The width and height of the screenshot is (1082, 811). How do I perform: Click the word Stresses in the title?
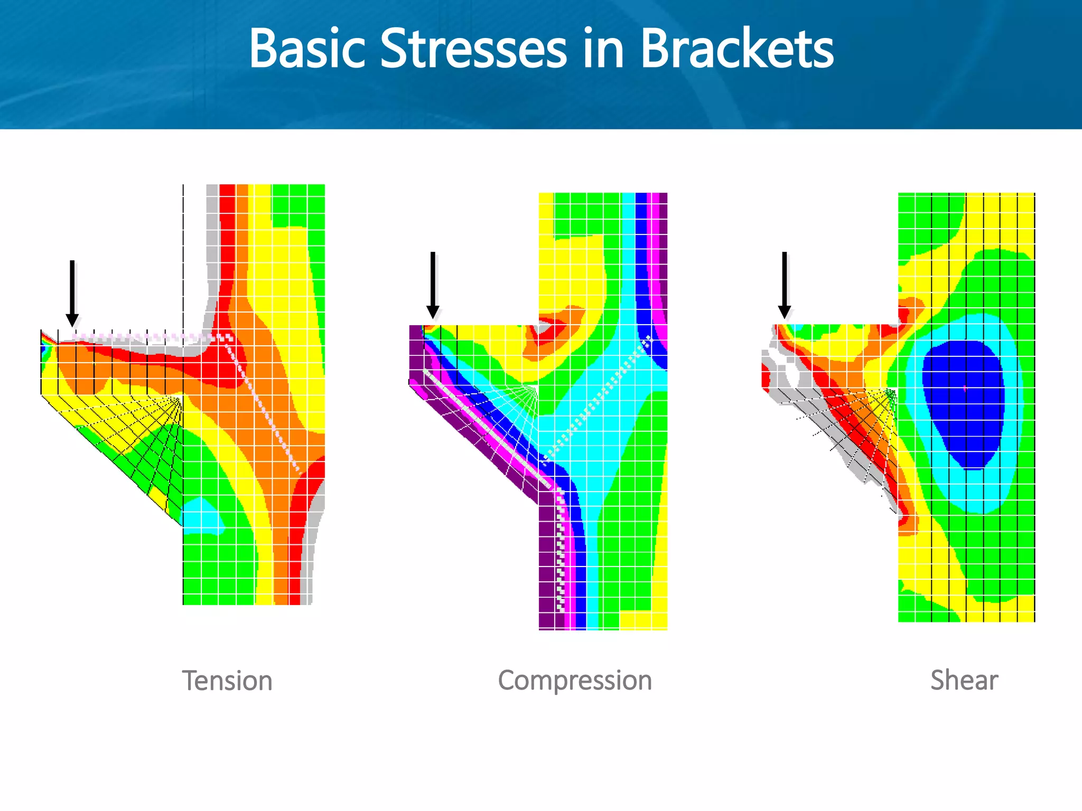(x=473, y=49)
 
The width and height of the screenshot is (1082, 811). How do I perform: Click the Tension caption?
(x=227, y=681)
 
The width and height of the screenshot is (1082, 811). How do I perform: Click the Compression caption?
(x=575, y=680)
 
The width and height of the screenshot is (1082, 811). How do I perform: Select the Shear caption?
(x=964, y=680)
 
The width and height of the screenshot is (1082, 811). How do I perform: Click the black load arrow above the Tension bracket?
(x=72, y=293)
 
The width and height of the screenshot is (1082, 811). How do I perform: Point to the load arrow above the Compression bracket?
(x=433, y=285)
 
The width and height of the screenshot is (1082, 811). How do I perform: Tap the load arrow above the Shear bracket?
(x=785, y=285)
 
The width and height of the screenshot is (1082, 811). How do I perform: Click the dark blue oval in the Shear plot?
(x=963, y=404)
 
